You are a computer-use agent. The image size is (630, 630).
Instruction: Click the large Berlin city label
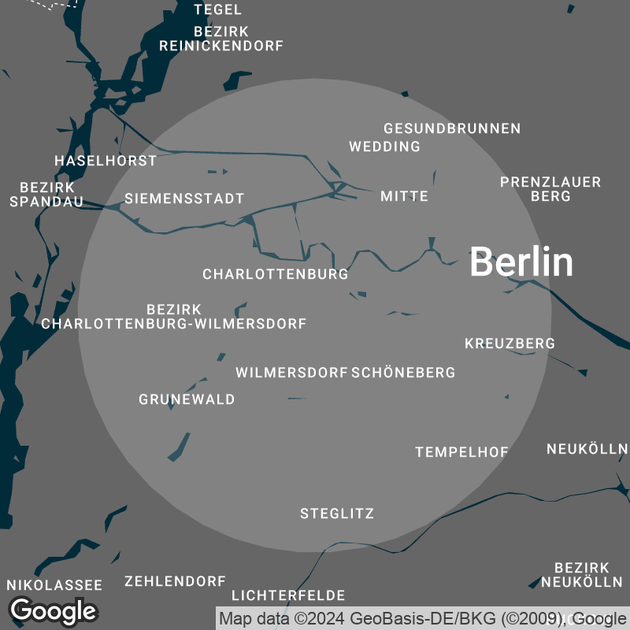[x=521, y=261]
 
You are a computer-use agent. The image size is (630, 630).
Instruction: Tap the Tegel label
[x=218, y=10]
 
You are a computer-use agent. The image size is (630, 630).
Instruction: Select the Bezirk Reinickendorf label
[x=221, y=39]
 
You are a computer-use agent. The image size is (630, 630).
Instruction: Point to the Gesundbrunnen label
[x=452, y=128]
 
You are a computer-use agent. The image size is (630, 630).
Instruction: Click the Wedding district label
[x=385, y=146]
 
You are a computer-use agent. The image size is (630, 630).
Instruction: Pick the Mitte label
[x=405, y=196]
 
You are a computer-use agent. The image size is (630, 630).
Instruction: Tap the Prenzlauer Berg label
[x=550, y=189]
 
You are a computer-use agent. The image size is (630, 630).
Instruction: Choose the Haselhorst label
[x=106, y=161]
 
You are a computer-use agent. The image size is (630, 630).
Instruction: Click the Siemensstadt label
[x=185, y=198]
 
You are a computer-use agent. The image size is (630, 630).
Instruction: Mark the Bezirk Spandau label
[x=47, y=195]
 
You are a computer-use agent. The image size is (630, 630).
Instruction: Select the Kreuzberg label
[x=510, y=343]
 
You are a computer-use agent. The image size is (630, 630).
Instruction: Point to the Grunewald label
[x=187, y=399]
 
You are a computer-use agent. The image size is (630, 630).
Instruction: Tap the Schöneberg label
[x=403, y=372]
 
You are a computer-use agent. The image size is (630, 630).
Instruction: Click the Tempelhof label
[x=462, y=452]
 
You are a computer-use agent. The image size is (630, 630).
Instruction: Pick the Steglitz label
[x=337, y=514]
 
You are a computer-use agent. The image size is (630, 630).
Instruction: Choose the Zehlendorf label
[x=176, y=581]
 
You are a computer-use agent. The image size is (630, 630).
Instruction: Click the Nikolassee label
[x=54, y=585]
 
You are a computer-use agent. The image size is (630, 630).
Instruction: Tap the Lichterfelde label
[x=288, y=595]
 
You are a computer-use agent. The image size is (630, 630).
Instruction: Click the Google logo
[x=54, y=610]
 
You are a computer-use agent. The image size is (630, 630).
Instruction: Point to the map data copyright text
[x=421, y=618]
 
